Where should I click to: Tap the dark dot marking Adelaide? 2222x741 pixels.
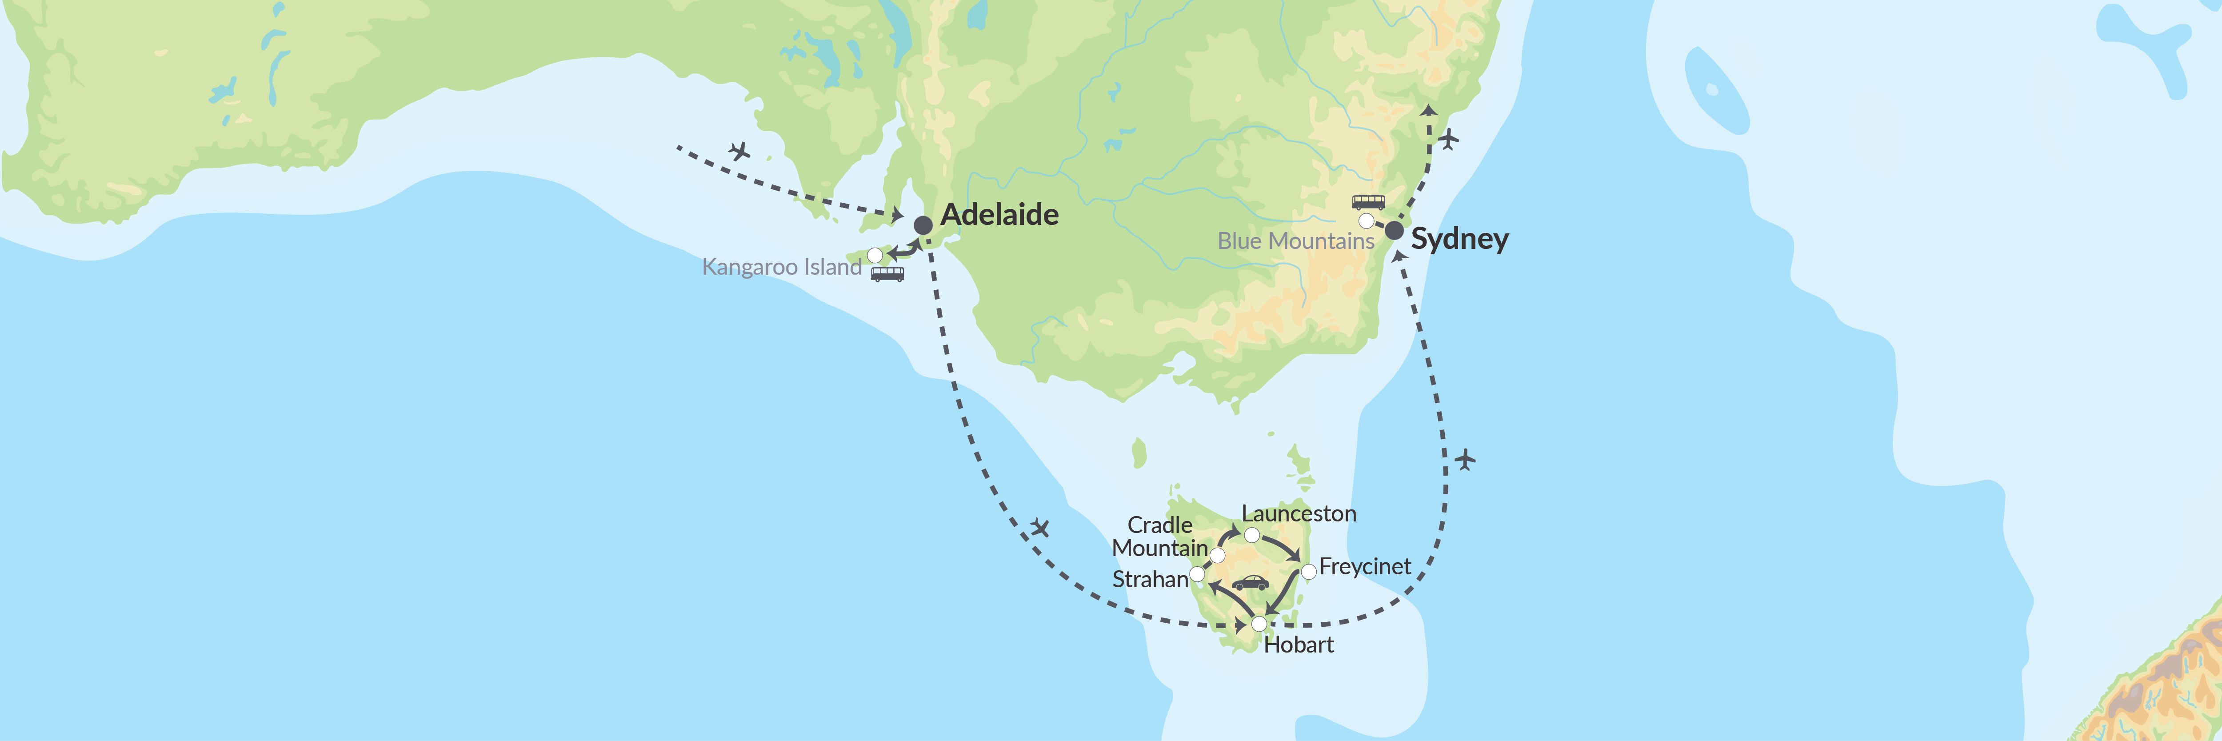click(x=923, y=225)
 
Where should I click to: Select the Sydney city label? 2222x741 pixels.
click(x=1459, y=239)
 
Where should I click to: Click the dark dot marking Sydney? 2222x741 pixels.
click(x=1394, y=230)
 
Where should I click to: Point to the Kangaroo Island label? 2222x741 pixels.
click(x=782, y=267)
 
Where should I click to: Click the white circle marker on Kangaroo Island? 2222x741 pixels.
click(x=875, y=255)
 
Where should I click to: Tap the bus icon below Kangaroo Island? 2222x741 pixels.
click(x=887, y=274)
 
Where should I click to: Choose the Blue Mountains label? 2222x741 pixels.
click(x=1295, y=241)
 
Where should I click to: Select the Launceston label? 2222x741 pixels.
click(x=1298, y=514)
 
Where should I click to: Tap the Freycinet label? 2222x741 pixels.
click(x=1365, y=567)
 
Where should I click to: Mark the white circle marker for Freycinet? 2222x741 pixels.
click(x=1308, y=571)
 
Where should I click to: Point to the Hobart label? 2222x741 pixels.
click(x=1298, y=645)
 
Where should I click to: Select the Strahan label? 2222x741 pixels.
click(x=1150, y=580)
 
